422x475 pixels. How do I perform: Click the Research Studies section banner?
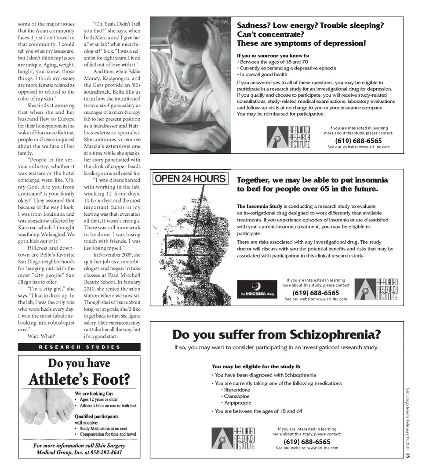79,347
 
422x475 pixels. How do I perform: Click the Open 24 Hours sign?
190,179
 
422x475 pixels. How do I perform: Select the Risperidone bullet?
237,390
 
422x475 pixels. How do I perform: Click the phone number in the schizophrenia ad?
307,442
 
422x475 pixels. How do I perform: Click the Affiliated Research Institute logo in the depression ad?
289,137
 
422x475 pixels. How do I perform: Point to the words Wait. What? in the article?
41,336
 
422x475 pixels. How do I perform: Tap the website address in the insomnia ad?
316,299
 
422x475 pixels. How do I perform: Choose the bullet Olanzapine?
236,396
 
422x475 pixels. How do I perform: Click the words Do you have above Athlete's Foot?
79,363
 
